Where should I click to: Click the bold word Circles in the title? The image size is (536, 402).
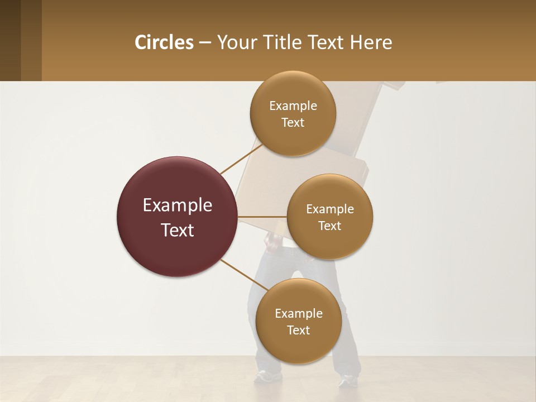[164, 42]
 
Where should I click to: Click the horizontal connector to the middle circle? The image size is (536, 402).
[262, 217]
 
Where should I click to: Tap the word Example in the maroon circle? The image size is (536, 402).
[178, 205]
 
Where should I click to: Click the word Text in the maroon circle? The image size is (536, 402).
[178, 230]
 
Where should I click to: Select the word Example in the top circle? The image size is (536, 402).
[293, 106]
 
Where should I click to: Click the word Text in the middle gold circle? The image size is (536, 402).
[330, 226]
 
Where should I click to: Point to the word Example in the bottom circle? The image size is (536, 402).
[298, 313]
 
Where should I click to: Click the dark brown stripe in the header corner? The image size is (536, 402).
[10, 40]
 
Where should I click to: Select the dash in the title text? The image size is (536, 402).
[205, 42]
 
